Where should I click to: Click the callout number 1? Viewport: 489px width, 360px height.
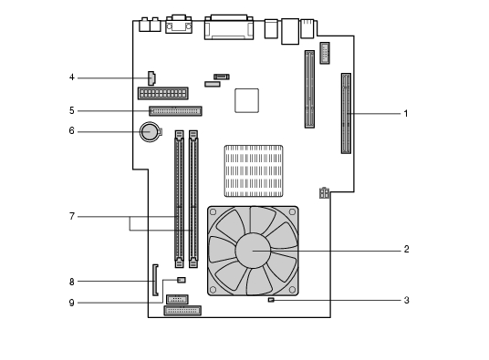tap(406, 114)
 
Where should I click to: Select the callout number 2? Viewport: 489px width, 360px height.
tap(406, 249)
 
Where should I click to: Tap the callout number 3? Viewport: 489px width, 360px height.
tap(406, 300)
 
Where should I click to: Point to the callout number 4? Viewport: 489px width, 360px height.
tap(72, 77)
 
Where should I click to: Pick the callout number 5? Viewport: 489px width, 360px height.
tap(72, 110)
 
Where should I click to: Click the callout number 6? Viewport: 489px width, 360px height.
tap(72, 131)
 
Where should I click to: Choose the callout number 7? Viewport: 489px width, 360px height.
tap(72, 216)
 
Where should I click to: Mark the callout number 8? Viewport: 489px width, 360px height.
tap(72, 282)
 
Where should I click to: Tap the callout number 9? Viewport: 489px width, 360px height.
tap(72, 303)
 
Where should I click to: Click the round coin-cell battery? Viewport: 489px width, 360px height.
tap(150, 132)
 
